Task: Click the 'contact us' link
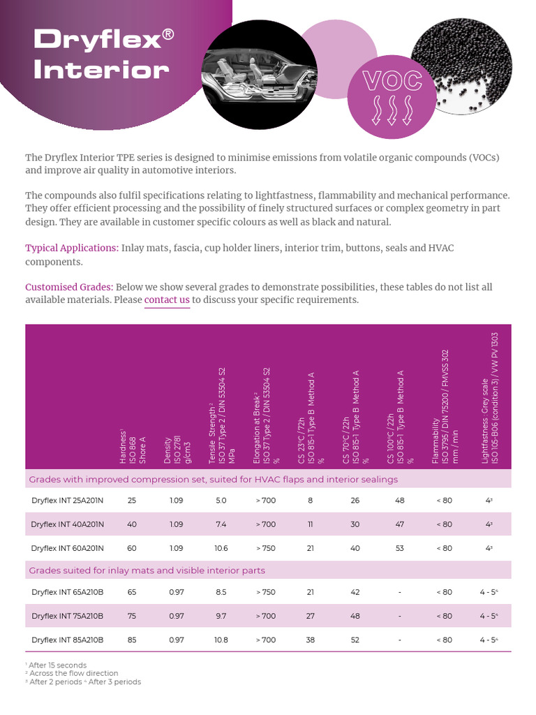[167, 300]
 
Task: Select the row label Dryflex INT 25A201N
[67, 501]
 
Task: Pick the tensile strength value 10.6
[221, 548]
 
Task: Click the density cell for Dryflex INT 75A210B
[177, 616]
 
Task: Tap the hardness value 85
[132, 640]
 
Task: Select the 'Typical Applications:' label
[71, 248]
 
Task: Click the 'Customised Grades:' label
[69, 287]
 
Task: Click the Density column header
[172, 440]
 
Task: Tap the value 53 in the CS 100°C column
[400, 548]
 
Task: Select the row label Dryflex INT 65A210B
[67, 592]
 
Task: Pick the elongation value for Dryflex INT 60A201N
[266, 548]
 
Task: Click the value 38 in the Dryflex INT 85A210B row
[311, 640]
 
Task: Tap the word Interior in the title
[101, 70]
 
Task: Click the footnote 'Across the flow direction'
[72, 674]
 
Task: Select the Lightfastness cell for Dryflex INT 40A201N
[489, 524]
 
